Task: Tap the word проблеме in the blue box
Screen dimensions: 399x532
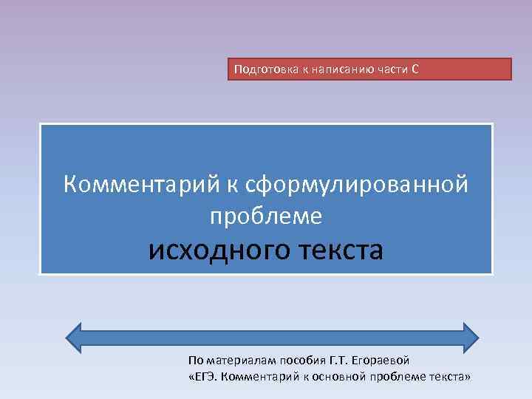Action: (266, 216)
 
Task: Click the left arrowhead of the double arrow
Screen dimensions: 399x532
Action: (77, 335)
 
